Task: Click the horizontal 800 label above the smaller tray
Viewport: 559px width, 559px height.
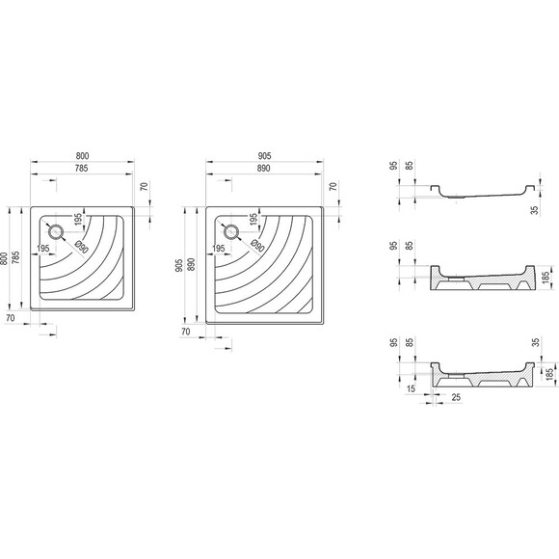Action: [x=82, y=156]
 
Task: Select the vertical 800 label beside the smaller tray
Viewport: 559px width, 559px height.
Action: [x=4, y=258]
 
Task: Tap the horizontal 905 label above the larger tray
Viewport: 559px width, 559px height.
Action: [x=264, y=156]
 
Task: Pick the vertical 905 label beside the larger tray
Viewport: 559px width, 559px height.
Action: [x=179, y=265]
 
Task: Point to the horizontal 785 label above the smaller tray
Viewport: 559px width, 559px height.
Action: [x=81, y=168]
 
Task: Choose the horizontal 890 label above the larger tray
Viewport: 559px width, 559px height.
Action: [x=263, y=169]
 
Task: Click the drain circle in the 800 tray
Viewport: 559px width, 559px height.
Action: [x=55, y=232]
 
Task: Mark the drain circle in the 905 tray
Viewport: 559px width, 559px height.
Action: [x=231, y=232]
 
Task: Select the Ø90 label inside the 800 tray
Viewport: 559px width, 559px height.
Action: [x=82, y=247]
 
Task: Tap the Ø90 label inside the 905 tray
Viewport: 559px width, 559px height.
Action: [x=257, y=246]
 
